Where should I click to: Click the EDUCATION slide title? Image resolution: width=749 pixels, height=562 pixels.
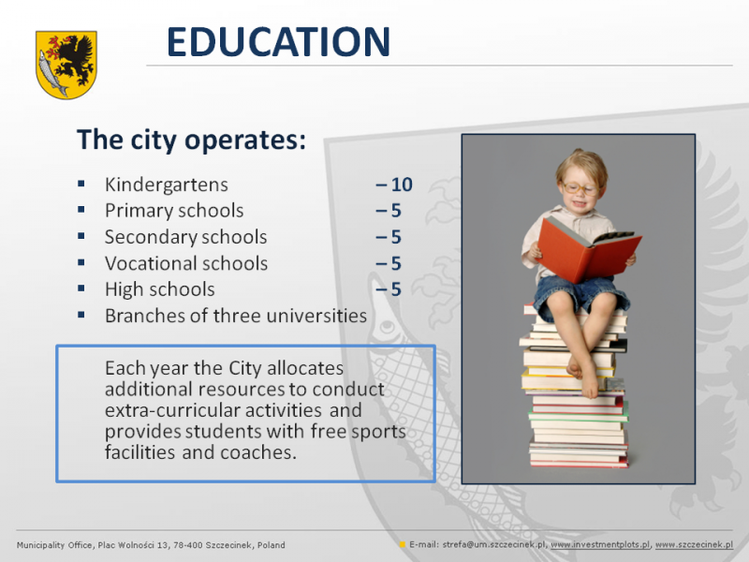click(278, 41)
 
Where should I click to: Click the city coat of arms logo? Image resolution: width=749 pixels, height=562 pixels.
click(66, 65)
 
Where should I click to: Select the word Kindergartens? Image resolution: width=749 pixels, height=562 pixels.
click(167, 185)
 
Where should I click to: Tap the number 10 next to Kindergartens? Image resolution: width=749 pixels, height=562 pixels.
click(402, 185)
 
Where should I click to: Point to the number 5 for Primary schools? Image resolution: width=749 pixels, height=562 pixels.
click(396, 211)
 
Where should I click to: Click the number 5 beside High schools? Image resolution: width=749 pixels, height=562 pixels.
click(396, 289)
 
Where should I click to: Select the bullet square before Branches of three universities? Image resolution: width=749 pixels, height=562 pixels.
click(81, 315)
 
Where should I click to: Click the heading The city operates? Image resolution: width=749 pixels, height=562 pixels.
click(191, 140)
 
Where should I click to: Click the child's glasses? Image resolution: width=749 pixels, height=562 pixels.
click(580, 188)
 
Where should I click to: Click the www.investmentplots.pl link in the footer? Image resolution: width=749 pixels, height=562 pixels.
click(600, 545)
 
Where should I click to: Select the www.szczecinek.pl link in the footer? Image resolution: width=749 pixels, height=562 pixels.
click(694, 545)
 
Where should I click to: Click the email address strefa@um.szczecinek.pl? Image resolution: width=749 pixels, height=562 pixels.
click(494, 545)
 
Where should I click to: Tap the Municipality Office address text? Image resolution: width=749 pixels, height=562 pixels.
click(151, 545)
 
